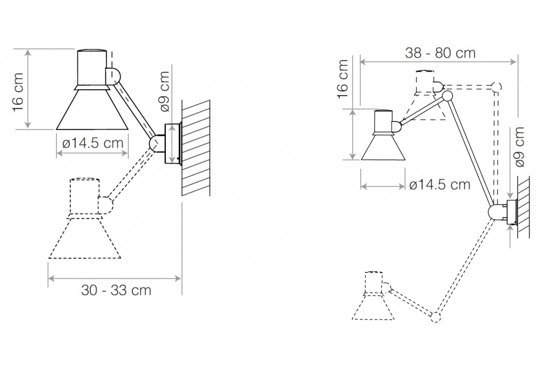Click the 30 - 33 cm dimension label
(x=116, y=291)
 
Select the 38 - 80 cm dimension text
(x=440, y=53)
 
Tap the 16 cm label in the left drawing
(x=18, y=92)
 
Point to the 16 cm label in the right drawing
(x=343, y=79)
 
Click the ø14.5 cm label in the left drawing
(x=93, y=143)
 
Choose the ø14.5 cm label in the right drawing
(x=440, y=185)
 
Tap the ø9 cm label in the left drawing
(x=165, y=91)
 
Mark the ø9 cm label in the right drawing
(x=519, y=147)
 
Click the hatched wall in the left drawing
(x=196, y=148)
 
